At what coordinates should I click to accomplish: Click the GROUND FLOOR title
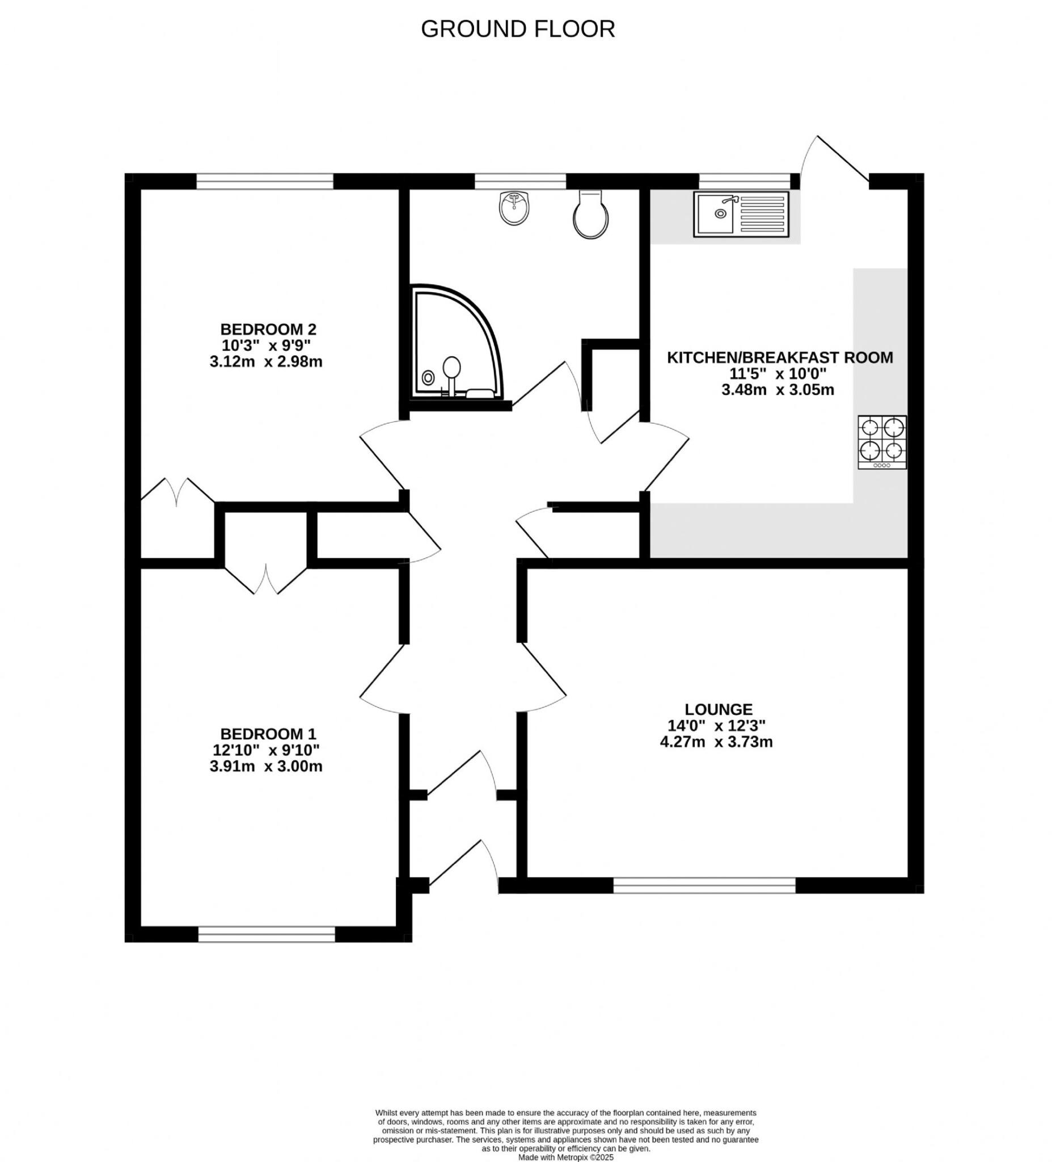517,29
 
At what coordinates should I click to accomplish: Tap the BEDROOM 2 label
268,329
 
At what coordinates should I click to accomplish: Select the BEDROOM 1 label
268,734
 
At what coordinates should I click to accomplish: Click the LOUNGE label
719,709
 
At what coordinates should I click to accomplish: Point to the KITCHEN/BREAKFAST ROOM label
779,357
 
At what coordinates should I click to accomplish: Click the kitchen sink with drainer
741,214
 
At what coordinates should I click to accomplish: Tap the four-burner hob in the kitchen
881,441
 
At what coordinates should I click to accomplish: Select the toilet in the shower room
591,216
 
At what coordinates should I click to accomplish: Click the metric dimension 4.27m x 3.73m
716,742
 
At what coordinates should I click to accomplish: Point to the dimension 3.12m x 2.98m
265,362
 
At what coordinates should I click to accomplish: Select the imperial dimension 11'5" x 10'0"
777,373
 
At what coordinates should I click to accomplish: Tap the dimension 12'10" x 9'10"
265,750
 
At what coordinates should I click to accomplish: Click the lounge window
704,885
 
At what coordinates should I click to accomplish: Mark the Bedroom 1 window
266,934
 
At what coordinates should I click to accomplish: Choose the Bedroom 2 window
264,182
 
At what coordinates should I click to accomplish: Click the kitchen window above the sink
745,182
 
